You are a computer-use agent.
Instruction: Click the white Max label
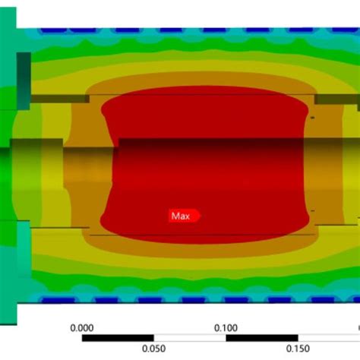181,216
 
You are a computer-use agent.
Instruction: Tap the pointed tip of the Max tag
201,216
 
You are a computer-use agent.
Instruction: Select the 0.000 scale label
82,328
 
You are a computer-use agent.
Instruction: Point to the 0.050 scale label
153,349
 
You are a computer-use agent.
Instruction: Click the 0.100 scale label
226,328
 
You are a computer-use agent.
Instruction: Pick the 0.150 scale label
298,349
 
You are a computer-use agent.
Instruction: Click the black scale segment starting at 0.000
118,338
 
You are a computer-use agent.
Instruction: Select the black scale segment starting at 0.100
262,338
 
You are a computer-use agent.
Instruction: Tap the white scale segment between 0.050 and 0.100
190,338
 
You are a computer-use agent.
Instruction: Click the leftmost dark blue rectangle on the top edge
53,30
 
